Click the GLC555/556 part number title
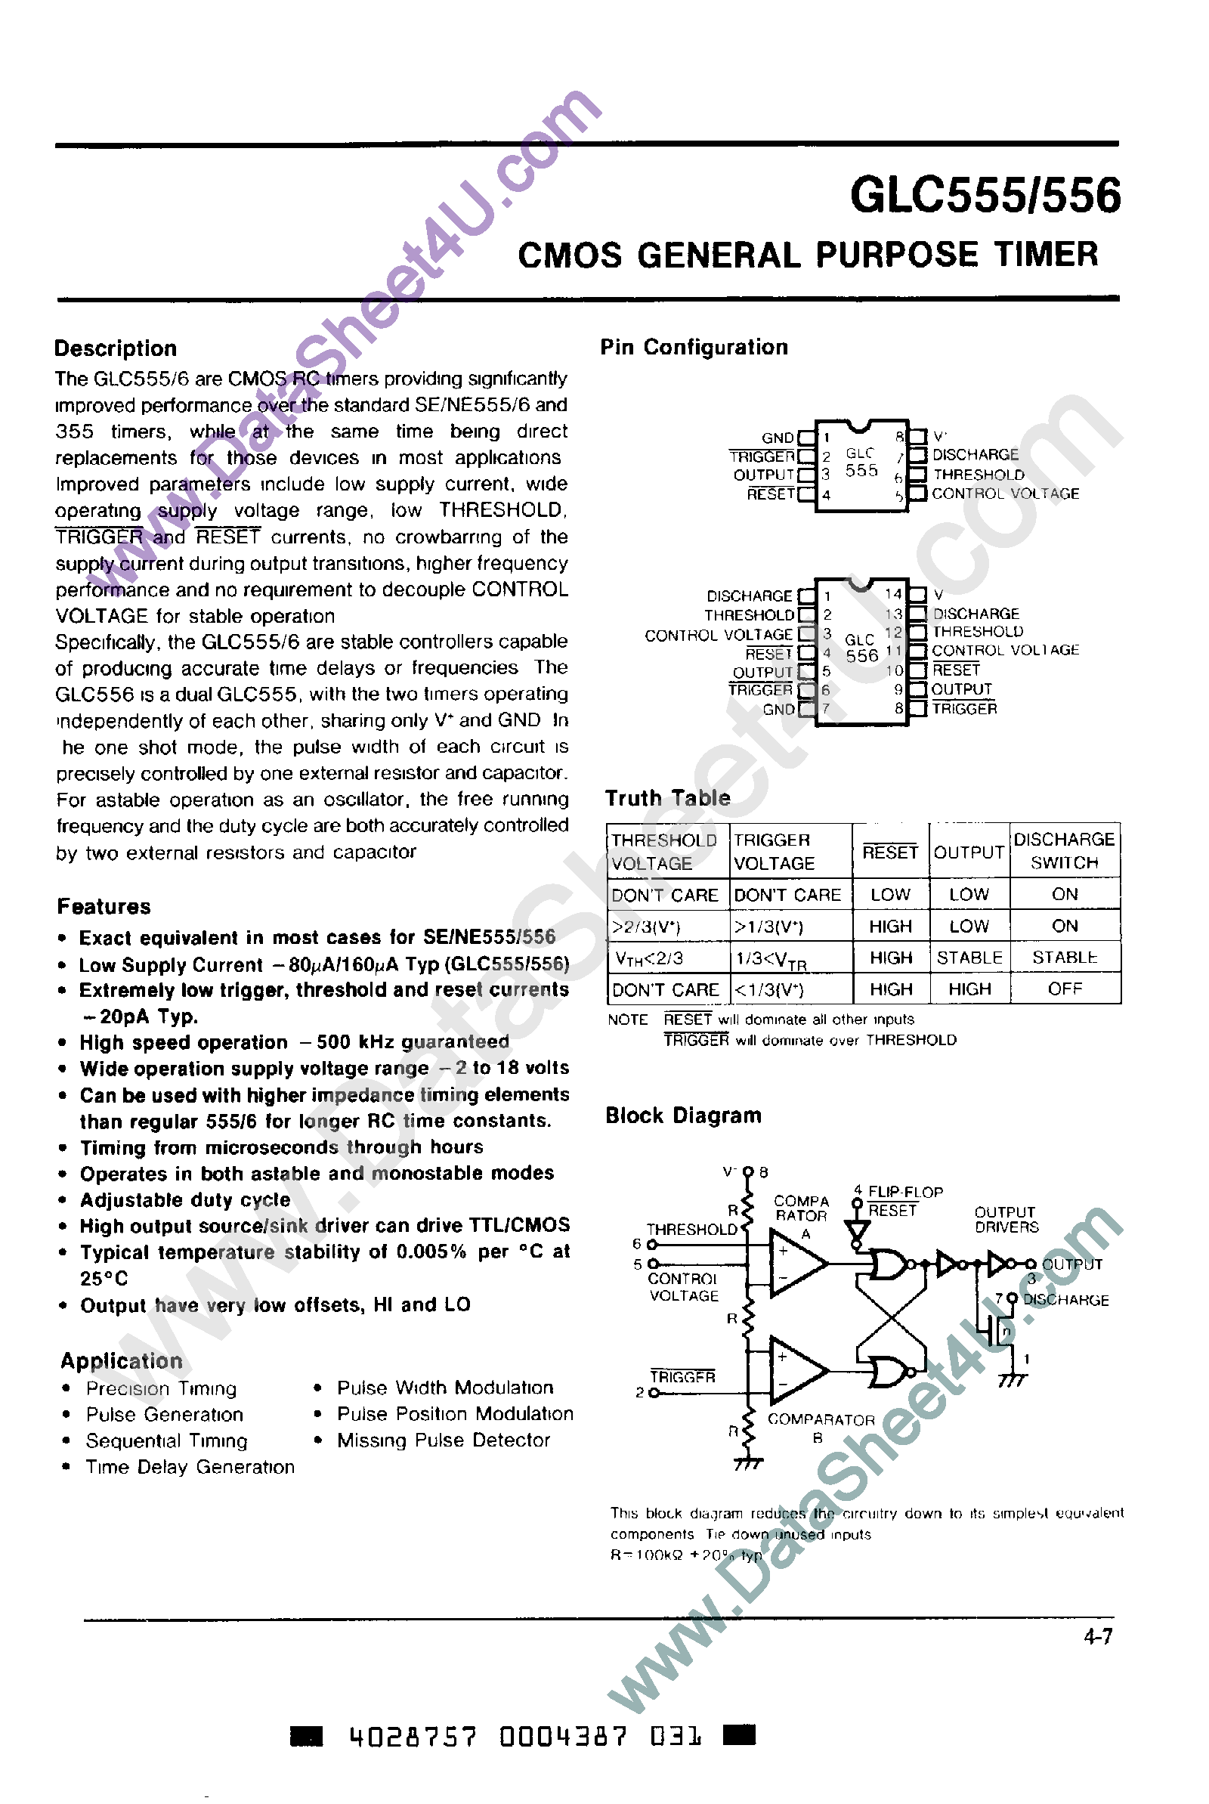[x=985, y=195]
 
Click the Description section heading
[x=116, y=348]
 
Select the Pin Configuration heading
[x=694, y=347]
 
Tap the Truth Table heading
[x=668, y=798]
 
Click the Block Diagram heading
[x=683, y=1116]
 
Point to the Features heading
[x=104, y=907]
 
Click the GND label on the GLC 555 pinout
[x=778, y=437]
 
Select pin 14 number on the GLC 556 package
[x=893, y=593]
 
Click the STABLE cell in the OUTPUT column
[x=969, y=958]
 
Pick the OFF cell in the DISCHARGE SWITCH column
[x=1064, y=989]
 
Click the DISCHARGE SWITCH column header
[x=1064, y=850]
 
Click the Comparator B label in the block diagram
[x=821, y=1428]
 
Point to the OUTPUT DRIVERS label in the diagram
[x=1006, y=1219]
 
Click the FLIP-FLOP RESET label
[x=904, y=1200]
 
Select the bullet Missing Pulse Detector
[x=444, y=1440]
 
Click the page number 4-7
[x=1098, y=1636]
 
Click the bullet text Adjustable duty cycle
[x=185, y=1200]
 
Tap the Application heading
[x=122, y=1360]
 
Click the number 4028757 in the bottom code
[x=413, y=1737]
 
